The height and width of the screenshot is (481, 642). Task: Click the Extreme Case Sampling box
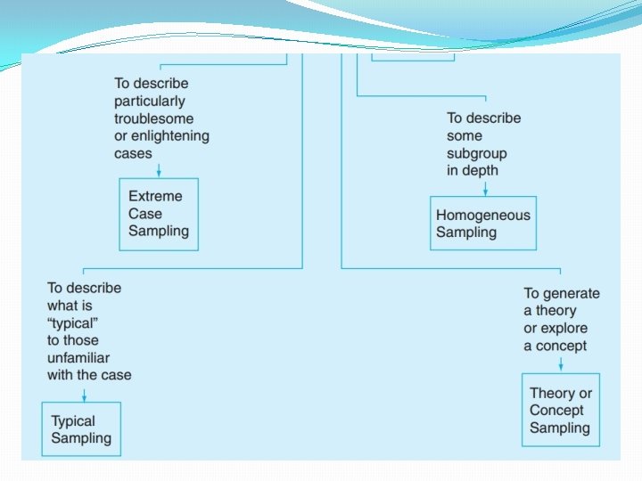tap(159, 214)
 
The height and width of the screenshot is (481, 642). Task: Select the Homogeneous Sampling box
tap(484, 224)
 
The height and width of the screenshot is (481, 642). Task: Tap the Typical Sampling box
tap(81, 429)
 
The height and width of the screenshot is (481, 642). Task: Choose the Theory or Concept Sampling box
tap(560, 410)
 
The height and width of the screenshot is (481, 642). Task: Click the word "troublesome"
tap(153, 118)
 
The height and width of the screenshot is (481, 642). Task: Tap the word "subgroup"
tap(476, 153)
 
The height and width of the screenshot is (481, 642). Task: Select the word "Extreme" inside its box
tap(155, 196)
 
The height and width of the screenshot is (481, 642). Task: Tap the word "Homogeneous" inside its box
tap(482, 215)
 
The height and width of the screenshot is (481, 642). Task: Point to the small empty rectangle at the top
tap(413, 56)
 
